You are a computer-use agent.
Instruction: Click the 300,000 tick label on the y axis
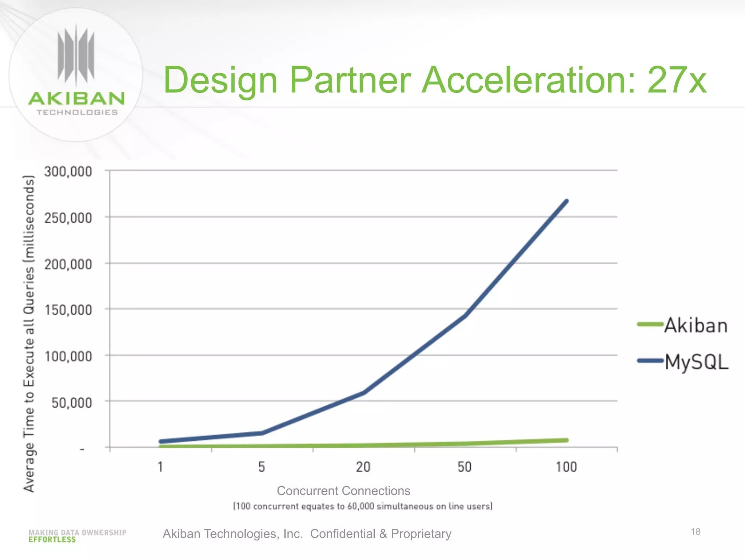[68, 171]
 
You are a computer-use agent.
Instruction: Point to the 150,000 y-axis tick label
[68, 310]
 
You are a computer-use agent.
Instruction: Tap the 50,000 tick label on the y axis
[72, 403]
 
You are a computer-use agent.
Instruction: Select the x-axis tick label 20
[363, 467]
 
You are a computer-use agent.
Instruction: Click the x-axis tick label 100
[566, 467]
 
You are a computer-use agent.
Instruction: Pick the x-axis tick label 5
[262, 467]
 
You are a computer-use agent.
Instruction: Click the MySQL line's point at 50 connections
[465, 315]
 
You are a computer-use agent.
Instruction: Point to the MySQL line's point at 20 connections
[363, 393]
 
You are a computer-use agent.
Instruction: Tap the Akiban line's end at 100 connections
[566, 440]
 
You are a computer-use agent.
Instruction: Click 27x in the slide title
[677, 80]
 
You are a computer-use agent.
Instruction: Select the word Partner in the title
[350, 80]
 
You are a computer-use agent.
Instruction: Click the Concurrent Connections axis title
[343, 491]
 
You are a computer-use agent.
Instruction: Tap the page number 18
[695, 532]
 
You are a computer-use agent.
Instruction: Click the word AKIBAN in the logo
[76, 99]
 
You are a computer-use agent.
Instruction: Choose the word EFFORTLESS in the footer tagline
[52, 540]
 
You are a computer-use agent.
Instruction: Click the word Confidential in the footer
[342, 534]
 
